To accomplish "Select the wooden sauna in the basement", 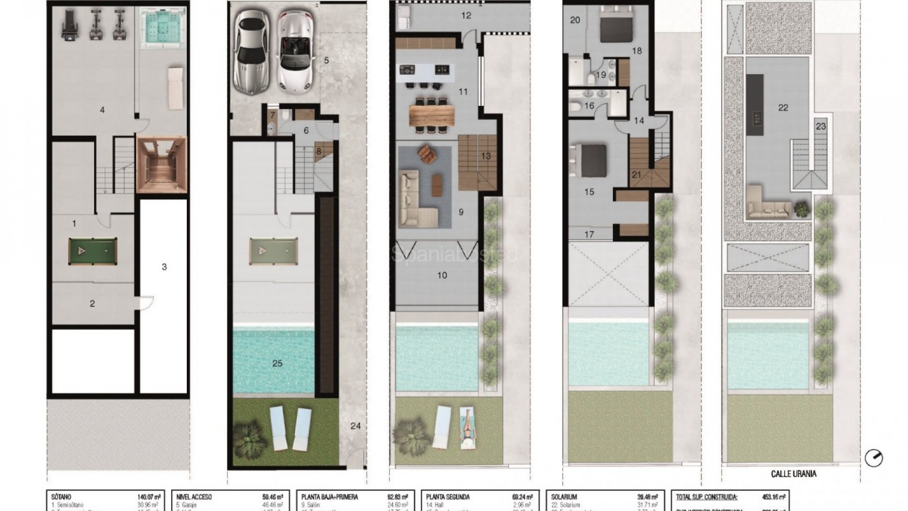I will [161, 165].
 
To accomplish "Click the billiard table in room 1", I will [92, 250].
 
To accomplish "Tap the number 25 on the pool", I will [277, 363].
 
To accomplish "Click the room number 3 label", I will [164, 267].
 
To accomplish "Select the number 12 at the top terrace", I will [466, 16].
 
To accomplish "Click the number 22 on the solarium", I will [783, 108].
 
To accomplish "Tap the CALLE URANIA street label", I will [793, 474].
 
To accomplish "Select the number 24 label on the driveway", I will [355, 426].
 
